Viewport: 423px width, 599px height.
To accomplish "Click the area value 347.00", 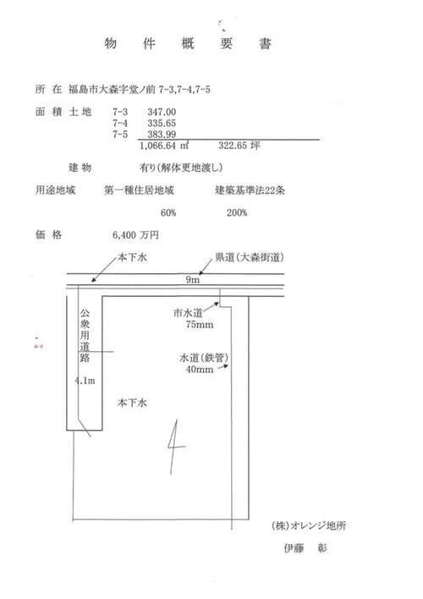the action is [x=162, y=112].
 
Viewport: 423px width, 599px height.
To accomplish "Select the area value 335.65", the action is [x=162, y=123].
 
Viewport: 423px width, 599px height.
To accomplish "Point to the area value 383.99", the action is [x=162, y=134].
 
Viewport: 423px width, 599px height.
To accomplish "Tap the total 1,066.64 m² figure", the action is [x=164, y=146].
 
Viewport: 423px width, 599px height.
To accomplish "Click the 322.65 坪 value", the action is [x=239, y=146].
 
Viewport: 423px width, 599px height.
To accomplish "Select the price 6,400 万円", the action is [x=135, y=235].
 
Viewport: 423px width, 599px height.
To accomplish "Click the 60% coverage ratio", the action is [x=168, y=213].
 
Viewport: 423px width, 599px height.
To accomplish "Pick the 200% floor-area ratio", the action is [x=237, y=213].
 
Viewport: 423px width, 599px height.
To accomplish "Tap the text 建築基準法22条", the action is [x=250, y=190].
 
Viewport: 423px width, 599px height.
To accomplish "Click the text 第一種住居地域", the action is [x=139, y=190].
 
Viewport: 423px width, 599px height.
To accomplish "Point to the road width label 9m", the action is [x=193, y=280].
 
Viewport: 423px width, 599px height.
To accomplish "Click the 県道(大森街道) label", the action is [x=249, y=257].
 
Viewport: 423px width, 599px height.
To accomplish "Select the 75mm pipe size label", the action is [x=200, y=325].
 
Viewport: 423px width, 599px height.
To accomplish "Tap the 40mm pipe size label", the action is [x=200, y=370].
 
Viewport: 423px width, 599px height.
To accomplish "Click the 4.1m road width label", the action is [x=85, y=381].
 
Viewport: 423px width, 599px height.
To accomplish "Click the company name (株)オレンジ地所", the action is [x=309, y=525].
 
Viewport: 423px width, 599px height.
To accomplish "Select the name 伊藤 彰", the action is [x=305, y=548].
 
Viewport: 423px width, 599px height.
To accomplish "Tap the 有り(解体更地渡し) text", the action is [x=181, y=168].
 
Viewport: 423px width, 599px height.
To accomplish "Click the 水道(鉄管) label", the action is [x=204, y=358].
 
